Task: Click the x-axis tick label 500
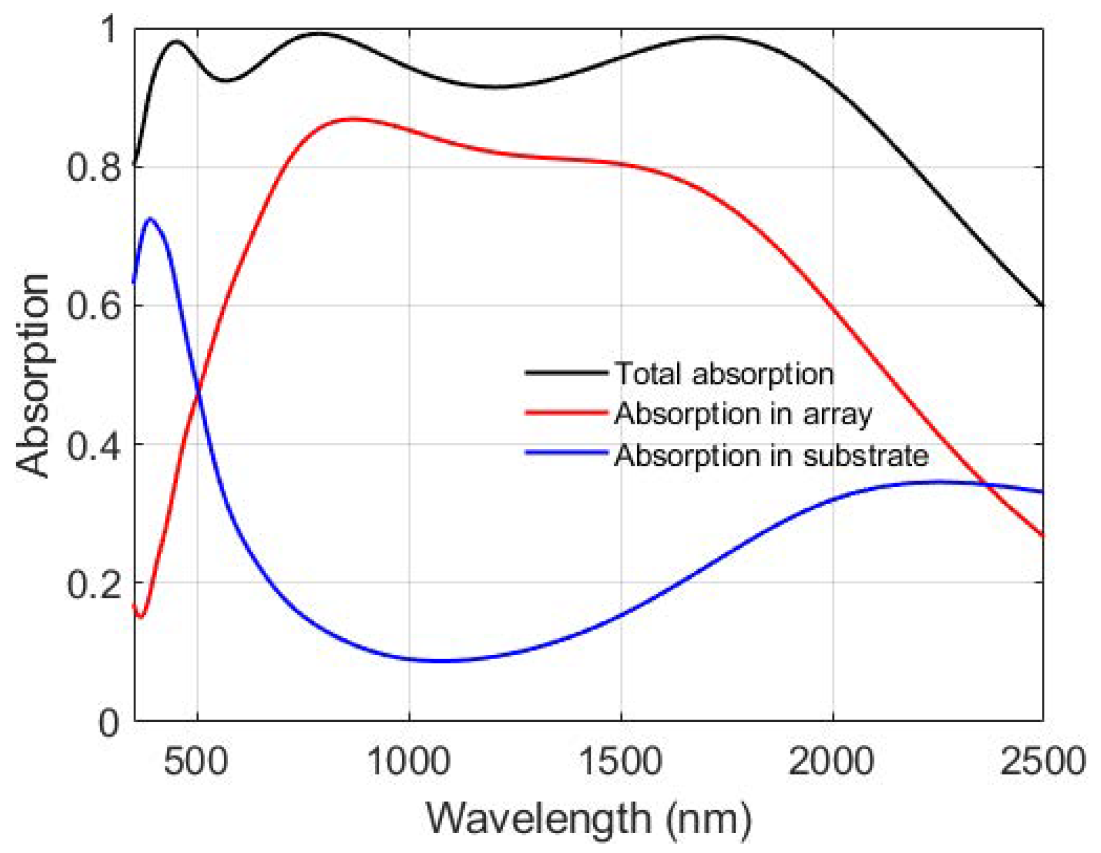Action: [196, 761]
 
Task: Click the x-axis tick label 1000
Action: [408, 761]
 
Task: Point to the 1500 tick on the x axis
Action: [620, 761]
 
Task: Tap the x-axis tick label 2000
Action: [832, 761]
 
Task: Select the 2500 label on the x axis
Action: [1043, 761]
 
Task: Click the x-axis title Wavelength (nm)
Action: [588, 819]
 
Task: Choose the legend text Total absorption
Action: [724, 374]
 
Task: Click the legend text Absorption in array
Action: [743, 414]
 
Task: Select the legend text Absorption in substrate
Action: [772, 455]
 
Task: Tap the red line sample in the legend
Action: [566, 413]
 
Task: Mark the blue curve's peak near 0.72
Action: [150, 219]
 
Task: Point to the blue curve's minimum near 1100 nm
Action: [438, 660]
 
